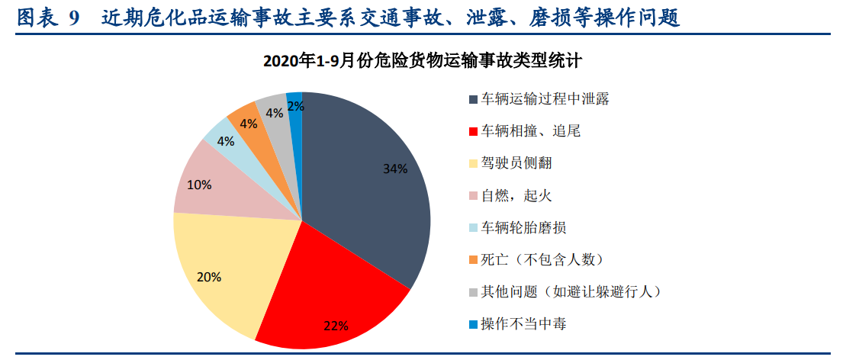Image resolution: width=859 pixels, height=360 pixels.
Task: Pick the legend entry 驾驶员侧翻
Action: [x=516, y=163]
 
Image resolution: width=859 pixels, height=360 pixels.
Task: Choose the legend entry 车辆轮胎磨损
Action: [x=523, y=228]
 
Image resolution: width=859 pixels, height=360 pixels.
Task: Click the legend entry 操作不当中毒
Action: [x=523, y=324]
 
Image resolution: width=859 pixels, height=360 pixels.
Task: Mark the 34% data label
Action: [x=395, y=169]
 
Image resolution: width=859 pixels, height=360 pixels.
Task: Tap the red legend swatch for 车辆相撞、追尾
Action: [x=474, y=132]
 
